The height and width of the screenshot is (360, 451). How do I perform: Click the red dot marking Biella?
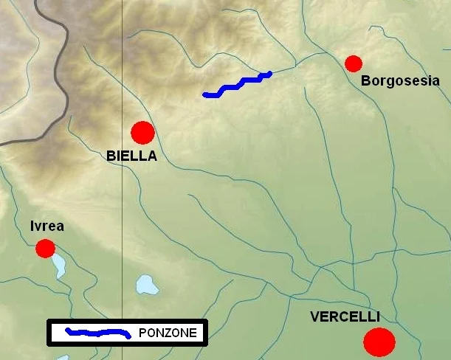(x=142, y=133)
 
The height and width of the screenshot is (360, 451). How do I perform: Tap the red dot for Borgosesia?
(x=354, y=63)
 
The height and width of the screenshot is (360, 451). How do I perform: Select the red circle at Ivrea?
(x=45, y=249)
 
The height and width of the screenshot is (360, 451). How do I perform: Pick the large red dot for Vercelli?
(x=380, y=342)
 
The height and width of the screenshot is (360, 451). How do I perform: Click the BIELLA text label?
(x=131, y=156)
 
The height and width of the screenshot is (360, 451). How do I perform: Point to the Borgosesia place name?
(x=400, y=81)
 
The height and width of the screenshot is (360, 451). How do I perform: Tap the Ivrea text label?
(x=47, y=226)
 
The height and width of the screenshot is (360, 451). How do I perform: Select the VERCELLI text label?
(x=345, y=317)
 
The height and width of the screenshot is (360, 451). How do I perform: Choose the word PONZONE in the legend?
(x=168, y=333)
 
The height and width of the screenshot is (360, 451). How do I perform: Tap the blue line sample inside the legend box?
(x=98, y=332)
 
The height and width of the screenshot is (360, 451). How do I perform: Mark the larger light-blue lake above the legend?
(x=147, y=284)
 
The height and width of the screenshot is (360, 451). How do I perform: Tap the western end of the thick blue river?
(x=205, y=94)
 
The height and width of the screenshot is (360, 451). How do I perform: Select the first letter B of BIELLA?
(x=111, y=156)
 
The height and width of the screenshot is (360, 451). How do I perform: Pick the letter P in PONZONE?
(x=142, y=333)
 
